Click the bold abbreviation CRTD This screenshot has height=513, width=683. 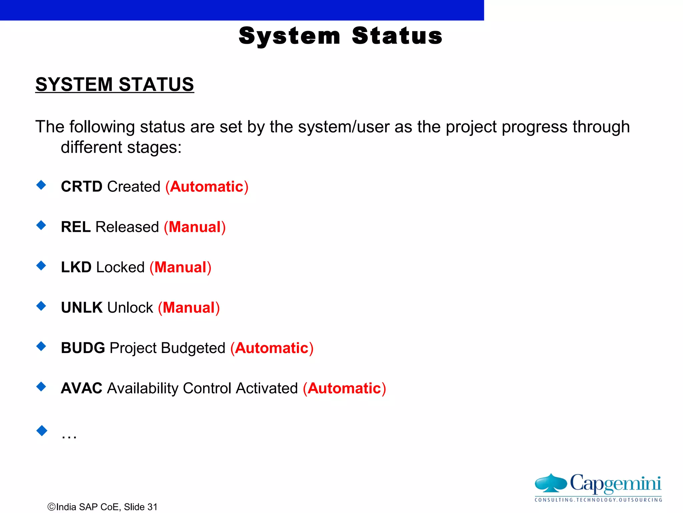point(81,186)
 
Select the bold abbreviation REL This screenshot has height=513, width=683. point(76,227)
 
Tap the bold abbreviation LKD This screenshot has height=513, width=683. point(76,267)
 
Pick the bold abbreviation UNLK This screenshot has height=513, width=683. point(82,308)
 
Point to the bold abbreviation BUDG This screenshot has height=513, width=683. point(83,348)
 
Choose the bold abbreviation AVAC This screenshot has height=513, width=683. point(82,388)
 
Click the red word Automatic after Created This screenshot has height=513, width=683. point(207,186)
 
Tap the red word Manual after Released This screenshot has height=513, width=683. point(195,227)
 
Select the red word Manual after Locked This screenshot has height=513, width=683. point(180,267)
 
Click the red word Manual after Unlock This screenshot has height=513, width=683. point(189,308)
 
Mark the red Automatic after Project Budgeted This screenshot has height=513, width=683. point(272,348)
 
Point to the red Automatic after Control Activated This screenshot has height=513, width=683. point(344,388)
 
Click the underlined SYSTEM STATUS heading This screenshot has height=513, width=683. point(114,84)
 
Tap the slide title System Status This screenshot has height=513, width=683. point(340,36)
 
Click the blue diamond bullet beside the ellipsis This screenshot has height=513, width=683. point(42,431)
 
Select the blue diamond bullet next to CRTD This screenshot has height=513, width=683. point(41,185)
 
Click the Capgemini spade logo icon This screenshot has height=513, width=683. point(551,483)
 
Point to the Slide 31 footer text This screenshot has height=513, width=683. point(140,507)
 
